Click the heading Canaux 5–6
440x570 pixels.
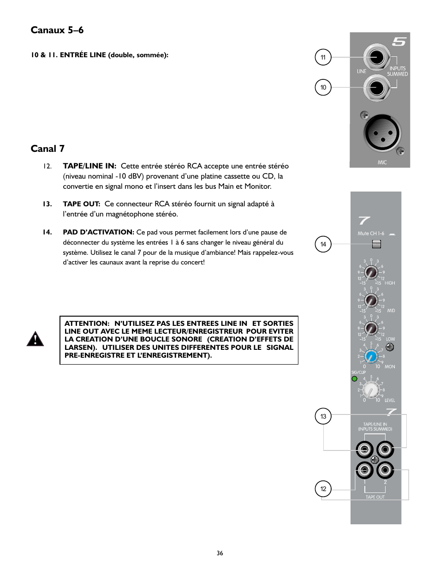57,30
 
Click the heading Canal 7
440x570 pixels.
48,149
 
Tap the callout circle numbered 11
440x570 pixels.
323,57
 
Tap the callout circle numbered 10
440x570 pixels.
323,87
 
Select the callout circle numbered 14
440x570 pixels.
323,244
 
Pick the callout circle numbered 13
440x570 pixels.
323,416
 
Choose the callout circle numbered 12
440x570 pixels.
323,489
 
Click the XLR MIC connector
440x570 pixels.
381,133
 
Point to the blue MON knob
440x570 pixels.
371,356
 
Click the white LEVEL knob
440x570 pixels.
371,390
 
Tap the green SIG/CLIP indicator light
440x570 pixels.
354,379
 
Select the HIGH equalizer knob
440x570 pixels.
371,272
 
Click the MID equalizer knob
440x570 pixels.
371,300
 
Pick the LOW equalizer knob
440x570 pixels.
371,328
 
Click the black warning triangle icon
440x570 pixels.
35,339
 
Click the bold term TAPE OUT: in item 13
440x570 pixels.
81,204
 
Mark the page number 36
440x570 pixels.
220,553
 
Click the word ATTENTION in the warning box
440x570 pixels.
86,324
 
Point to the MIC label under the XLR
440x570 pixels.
382,162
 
